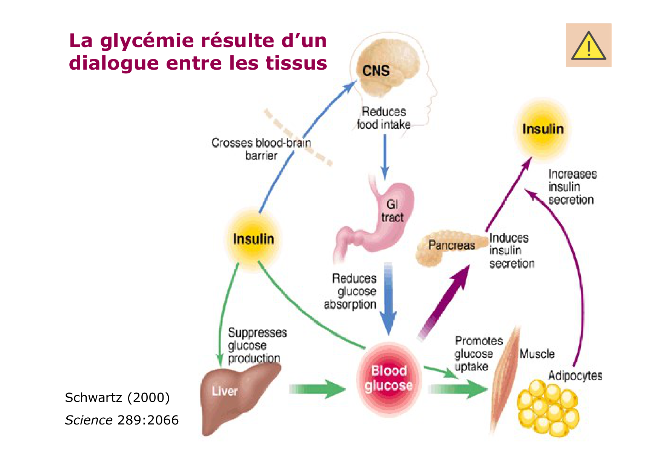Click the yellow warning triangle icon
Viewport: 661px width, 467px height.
(588, 46)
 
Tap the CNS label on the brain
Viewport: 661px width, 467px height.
(376, 71)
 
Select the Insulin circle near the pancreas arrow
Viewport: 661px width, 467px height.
(542, 129)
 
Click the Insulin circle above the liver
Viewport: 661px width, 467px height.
(253, 239)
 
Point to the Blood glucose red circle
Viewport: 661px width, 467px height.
(389, 379)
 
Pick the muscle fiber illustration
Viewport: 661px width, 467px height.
(505, 380)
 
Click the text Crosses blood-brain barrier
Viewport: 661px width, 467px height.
(261, 149)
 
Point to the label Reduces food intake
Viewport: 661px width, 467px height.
(383, 118)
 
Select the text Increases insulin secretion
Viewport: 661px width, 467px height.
(572, 187)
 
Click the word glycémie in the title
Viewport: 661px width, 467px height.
(146, 41)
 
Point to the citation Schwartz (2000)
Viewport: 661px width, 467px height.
(117, 397)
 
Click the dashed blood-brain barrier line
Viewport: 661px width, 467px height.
(298, 138)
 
